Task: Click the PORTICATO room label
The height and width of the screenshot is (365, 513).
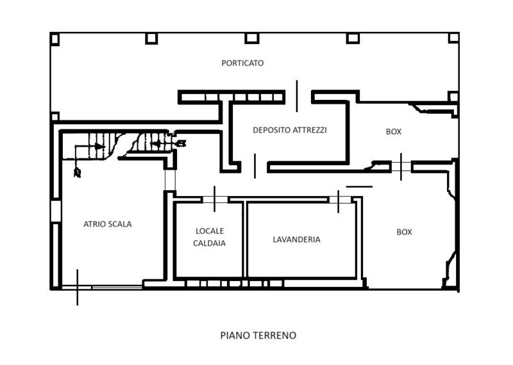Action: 242,63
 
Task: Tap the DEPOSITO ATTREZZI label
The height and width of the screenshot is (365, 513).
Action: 290,129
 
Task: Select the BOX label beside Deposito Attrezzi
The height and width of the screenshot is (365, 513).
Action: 394,131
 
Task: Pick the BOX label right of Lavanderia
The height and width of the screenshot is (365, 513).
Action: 404,232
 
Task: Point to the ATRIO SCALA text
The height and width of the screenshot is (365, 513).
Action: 108,223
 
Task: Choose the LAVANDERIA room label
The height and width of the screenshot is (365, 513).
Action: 296,239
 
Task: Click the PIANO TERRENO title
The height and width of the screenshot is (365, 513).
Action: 258,335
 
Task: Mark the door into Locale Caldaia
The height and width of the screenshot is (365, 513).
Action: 215,200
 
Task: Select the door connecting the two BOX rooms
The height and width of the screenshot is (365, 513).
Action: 401,167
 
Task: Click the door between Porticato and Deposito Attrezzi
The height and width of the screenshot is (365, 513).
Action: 297,96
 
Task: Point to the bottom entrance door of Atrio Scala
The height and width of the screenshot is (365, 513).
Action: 78,288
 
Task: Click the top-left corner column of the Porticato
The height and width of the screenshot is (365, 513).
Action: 55,39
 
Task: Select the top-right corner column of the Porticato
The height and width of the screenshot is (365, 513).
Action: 453,38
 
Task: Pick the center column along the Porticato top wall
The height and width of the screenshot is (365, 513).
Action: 252,38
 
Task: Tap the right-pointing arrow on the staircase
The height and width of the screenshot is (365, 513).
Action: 99,147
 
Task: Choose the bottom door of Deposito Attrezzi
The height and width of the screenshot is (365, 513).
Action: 255,166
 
